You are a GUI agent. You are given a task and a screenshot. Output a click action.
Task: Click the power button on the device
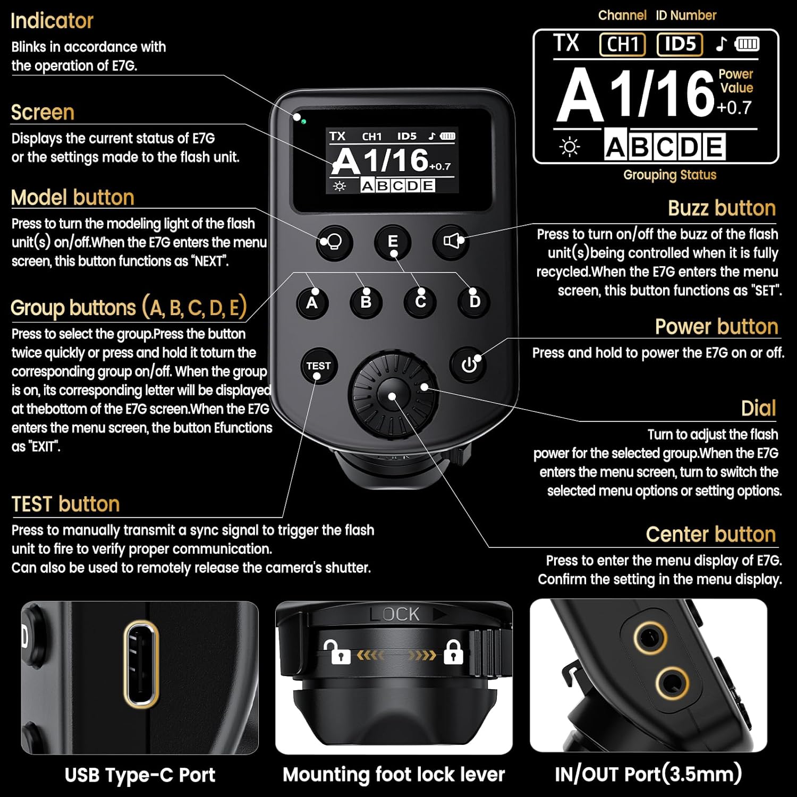point(469,365)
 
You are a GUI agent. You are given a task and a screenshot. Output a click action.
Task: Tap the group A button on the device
point(312,302)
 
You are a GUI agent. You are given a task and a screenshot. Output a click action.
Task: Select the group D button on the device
point(474,302)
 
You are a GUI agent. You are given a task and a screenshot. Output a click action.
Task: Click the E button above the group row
point(393,242)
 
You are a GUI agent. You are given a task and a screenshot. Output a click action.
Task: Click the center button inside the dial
point(392,395)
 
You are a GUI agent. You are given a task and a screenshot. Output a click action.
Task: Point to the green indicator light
point(303,122)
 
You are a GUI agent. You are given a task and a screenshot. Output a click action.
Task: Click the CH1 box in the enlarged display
point(622,44)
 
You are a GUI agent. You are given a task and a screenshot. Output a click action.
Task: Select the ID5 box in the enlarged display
point(680,44)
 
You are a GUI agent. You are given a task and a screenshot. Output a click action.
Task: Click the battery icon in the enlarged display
point(747,44)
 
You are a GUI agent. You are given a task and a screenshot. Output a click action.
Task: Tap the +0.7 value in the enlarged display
point(734,108)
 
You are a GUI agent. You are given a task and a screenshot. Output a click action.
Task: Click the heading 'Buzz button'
point(722,208)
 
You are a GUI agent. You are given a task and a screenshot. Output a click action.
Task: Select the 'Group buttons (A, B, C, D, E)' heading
point(129,308)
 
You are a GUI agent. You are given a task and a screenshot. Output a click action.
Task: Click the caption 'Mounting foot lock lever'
point(394,774)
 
